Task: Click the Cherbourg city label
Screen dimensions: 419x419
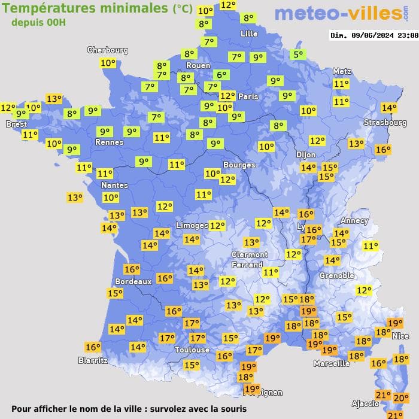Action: point(108,50)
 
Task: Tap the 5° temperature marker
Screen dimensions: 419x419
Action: point(297,54)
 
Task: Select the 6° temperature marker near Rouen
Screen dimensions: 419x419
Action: point(222,75)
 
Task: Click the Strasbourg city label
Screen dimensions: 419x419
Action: point(385,123)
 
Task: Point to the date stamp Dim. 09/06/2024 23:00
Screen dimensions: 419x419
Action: point(374,35)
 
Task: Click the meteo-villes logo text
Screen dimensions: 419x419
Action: point(339,14)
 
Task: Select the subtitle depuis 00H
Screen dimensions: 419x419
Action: point(39,22)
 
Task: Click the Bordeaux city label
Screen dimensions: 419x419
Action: point(133,281)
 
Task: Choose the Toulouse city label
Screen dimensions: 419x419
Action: point(192,350)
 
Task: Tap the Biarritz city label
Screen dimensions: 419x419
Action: point(93,360)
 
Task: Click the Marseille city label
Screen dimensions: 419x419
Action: point(332,363)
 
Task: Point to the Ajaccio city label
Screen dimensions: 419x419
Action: point(366,404)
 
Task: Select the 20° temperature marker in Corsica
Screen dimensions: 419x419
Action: point(401,397)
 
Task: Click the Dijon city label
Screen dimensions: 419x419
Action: point(305,154)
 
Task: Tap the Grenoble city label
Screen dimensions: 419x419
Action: point(336,276)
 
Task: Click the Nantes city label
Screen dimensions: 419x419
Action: point(114,185)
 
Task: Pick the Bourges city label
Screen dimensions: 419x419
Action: point(239,165)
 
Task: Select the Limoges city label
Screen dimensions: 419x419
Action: point(192,225)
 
